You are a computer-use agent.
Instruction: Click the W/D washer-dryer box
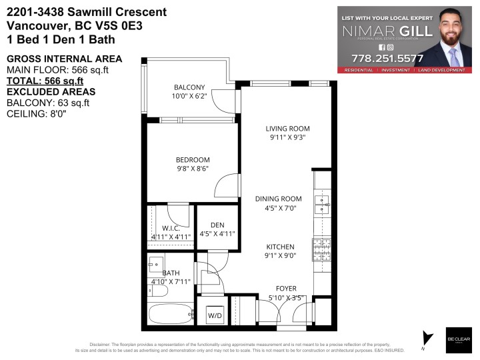pos(215,314)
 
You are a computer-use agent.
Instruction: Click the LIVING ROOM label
pos(287,129)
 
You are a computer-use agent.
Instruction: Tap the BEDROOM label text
pos(193,160)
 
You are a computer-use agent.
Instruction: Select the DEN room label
pos(217,225)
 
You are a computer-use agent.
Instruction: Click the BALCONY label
pos(189,87)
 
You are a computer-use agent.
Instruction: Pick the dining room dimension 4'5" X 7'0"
pos(279,209)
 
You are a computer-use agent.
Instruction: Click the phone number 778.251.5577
pos(387,58)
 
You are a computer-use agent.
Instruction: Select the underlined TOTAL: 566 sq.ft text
pos(45,81)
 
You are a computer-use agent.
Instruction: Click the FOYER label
pos(283,288)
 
